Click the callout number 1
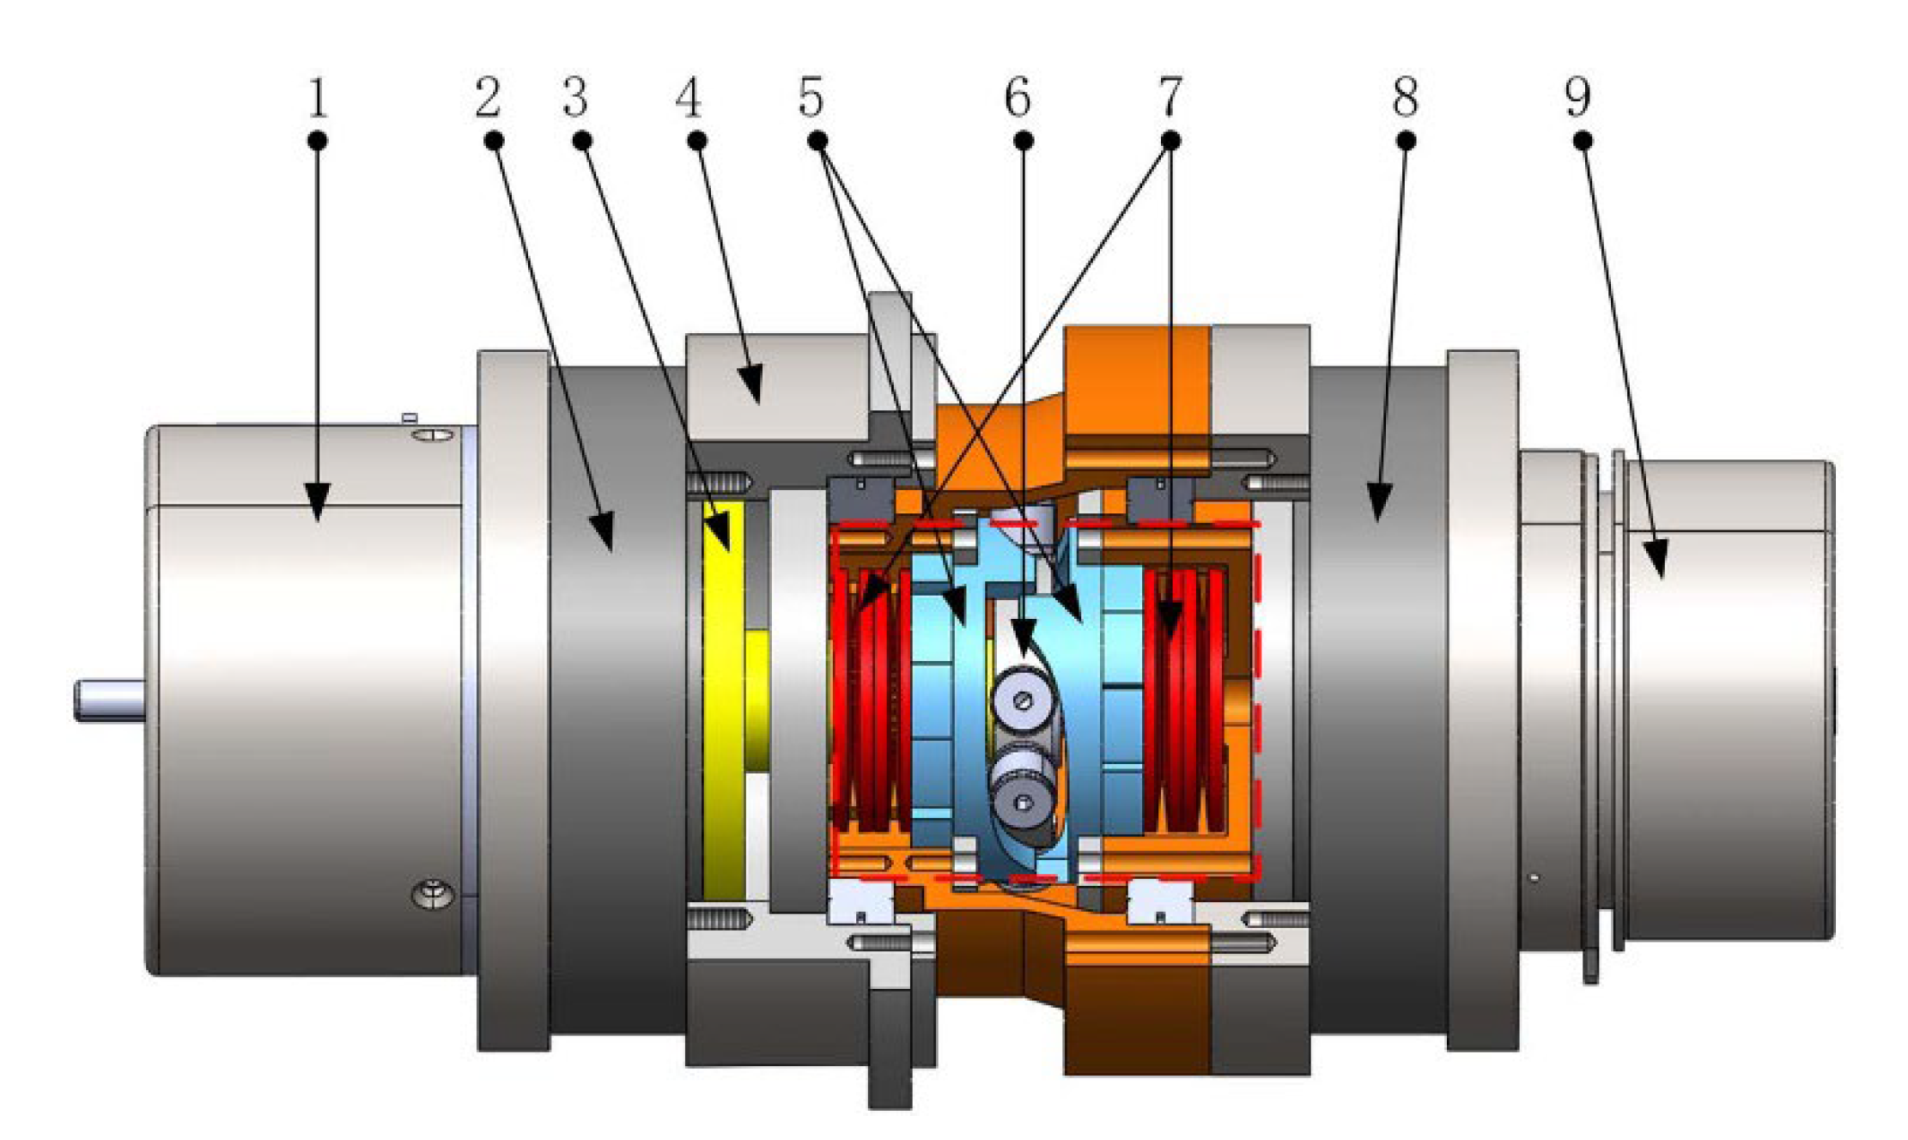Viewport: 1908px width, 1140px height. [x=318, y=100]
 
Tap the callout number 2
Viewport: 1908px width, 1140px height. [x=488, y=100]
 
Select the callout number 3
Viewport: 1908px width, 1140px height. [x=575, y=100]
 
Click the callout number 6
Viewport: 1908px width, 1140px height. [x=1018, y=100]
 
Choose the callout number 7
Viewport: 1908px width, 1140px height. [x=1170, y=100]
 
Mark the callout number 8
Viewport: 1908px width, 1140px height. [x=1405, y=100]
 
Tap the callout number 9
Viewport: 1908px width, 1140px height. [x=1578, y=100]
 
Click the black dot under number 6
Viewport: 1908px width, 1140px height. [x=1023, y=140]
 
